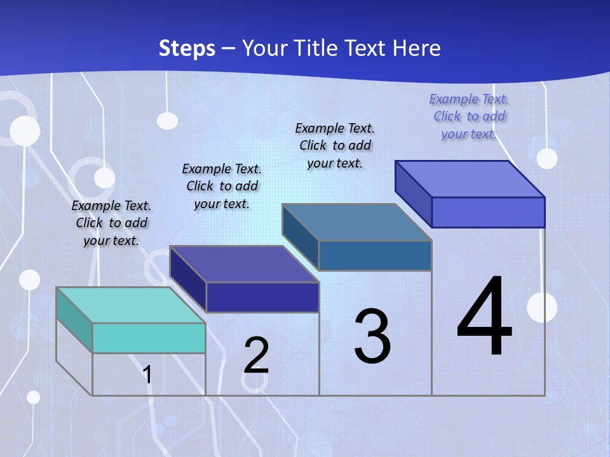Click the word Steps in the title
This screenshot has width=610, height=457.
187,48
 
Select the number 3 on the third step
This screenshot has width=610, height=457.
372,336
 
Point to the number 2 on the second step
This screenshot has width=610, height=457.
256,355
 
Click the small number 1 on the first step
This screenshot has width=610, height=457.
147,374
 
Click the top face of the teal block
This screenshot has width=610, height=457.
130,305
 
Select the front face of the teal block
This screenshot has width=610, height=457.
149,338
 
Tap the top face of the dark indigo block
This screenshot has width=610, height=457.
243,264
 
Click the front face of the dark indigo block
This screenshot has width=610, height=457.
262,297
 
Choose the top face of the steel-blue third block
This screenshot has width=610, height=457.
356,222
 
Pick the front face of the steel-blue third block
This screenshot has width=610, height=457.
375,255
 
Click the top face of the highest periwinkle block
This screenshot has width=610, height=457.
470,179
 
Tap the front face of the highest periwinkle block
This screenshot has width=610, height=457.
488,212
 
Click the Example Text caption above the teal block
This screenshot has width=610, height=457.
111,223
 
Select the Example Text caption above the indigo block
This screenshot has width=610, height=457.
222,186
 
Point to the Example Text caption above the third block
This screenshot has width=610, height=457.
335,145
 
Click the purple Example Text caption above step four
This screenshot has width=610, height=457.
469,116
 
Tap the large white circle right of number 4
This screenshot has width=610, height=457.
542,307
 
